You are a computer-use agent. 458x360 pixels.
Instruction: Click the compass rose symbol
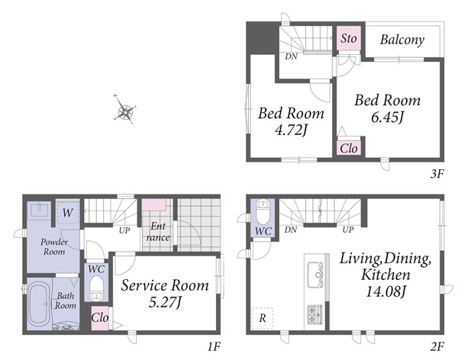tap(125, 111)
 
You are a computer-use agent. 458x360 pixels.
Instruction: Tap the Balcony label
tap(402, 40)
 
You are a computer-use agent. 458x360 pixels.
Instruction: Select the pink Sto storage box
tap(349, 38)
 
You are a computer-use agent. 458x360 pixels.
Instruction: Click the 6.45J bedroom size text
tap(387, 117)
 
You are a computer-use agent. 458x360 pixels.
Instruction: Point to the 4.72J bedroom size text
tap(291, 130)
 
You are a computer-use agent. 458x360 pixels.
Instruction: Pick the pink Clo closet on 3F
tap(349, 149)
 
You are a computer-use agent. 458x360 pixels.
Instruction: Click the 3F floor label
tap(437, 175)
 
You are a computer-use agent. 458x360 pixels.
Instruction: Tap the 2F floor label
tap(437, 346)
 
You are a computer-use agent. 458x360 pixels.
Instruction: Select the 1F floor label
tap(214, 346)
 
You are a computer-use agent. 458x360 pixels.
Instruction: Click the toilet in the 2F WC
tap(264, 208)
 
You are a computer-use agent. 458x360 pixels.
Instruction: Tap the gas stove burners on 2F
tap(314, 315)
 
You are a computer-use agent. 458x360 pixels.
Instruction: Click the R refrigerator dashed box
tap(263, 318)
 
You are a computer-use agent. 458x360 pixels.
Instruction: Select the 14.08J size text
tap(385, 291)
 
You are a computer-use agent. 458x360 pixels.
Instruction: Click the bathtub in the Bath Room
tap(39, 304)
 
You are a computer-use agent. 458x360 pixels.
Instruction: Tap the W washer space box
tap(67, 212)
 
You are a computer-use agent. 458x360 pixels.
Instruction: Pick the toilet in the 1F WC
tap(95, 288)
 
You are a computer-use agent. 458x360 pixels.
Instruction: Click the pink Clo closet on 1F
tap(100, 318)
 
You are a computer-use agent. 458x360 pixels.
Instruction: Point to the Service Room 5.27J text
tap(165, 294)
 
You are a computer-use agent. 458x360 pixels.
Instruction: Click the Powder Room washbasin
tap(39, 210)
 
